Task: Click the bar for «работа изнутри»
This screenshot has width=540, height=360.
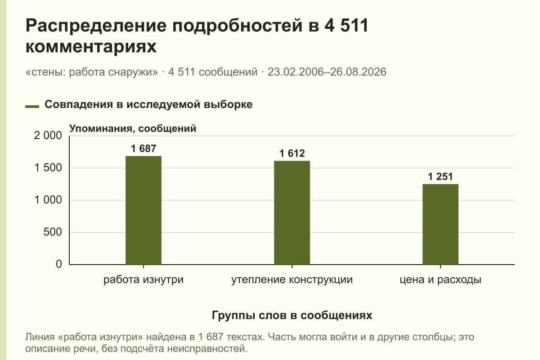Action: pos(144,210)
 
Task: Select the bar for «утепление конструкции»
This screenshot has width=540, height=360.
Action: pos(292,213)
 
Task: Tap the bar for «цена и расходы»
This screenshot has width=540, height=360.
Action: pos(441,224)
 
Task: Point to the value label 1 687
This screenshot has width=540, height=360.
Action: pos(144,148)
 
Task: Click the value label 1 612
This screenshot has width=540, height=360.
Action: pos(292,153)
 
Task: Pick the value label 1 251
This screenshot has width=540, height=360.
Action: pos(441,176)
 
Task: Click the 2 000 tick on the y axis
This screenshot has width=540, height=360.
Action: pos(48,135)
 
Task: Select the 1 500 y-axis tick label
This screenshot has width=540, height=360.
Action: pos(48,168)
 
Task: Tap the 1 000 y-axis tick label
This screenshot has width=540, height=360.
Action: pos(48,200)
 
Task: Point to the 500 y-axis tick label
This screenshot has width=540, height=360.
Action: pos(53,232)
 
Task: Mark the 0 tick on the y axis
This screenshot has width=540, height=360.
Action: pos(59,264)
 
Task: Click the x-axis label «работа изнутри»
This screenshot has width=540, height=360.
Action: pos(144,280)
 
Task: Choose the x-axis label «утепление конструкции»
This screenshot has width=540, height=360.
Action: pos(292,280)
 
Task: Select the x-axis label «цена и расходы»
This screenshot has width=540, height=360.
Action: pos(441,280)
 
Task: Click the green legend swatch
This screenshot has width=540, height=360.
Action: pos(32,107)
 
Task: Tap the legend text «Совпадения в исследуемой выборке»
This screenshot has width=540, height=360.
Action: pos(148,104)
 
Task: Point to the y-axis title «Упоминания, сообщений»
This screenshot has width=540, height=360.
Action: pos(133,129)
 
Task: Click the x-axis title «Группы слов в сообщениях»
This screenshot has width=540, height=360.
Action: pos(292,315)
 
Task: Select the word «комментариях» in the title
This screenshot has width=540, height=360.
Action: pos(91,46)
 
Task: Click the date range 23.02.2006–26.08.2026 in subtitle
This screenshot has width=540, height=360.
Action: pos(327,72)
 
